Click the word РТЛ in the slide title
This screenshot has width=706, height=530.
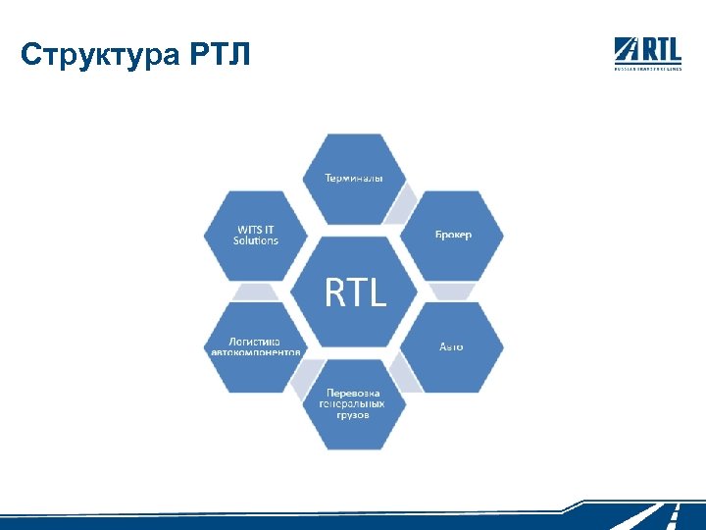click(218, 55)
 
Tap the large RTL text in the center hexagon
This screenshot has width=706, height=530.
click(355, 291)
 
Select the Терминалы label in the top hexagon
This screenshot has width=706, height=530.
click(354, 178)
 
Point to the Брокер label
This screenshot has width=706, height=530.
click(453, 235)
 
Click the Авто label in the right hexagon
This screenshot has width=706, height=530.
click(451, 346)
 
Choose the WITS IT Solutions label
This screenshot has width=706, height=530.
click(256, 235)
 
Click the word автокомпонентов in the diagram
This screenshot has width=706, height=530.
click(257, 351)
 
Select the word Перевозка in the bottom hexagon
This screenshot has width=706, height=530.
click(355, 393)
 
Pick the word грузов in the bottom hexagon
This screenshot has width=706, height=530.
click(354, 415)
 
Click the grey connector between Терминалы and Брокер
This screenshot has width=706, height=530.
click(402, 207)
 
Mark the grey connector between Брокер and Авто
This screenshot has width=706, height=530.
click(453, 291)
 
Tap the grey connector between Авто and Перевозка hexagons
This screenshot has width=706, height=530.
click(403, 373)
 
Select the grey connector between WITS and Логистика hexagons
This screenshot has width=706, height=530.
click(256, 291)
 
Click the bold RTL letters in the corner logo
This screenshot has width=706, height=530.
click(661, 48)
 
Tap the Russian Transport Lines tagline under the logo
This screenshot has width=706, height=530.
click(647, 69)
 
